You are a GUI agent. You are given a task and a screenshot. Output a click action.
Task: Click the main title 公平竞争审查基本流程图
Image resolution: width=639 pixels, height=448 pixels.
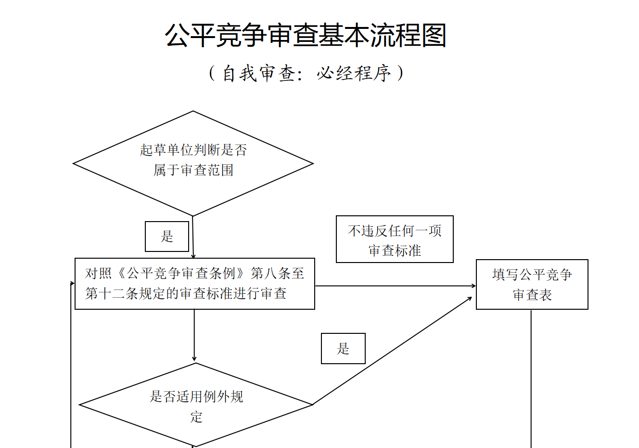tap(306, 36)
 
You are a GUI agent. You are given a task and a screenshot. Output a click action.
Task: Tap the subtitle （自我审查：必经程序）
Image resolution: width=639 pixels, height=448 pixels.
tap(306, 73)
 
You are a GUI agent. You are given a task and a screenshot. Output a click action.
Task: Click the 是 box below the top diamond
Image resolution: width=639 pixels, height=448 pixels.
tap(166, 236)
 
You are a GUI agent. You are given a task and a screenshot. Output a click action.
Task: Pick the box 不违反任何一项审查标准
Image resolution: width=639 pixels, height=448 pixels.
tap(395, 239)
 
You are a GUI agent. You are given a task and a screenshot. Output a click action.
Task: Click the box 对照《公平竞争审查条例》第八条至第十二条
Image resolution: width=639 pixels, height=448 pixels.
tap(194, 284)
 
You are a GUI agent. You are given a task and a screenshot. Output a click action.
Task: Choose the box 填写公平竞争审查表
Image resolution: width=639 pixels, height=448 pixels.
tap(532, 284)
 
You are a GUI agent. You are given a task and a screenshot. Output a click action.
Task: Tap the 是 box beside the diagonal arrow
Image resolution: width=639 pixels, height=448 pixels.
tap(343, 348)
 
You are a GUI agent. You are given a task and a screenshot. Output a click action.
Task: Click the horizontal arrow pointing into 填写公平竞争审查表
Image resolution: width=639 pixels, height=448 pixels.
tap(395, 286)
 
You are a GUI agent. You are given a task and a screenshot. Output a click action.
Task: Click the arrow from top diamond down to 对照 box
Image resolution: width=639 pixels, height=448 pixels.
tap(193, 237)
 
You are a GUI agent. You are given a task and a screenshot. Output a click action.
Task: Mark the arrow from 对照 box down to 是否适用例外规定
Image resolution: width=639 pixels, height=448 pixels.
tap(194, 335)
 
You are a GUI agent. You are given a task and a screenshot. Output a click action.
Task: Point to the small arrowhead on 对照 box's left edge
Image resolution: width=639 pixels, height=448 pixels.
tap(73, 284)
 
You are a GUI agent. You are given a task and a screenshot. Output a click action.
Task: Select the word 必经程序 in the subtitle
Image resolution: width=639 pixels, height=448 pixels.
tap(354, 73)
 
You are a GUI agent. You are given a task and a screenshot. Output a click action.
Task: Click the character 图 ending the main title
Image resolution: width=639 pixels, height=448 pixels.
tap(434, 36)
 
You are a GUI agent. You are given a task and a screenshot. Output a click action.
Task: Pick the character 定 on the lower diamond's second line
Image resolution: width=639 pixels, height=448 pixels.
tap(196, 417)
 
